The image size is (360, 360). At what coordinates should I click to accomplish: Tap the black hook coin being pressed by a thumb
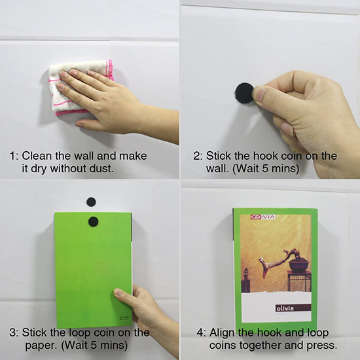click(245, 94)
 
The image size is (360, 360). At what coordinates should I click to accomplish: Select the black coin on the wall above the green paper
click(91, 202)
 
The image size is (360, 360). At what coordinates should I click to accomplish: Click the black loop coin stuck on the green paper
click(93, 221)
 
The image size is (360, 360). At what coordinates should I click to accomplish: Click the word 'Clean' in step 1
click(37, 156)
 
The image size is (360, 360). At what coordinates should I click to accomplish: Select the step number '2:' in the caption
click(198, 156)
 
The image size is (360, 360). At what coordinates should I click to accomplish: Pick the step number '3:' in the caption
click(14, 333)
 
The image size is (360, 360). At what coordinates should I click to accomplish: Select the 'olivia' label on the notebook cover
click(285, 308)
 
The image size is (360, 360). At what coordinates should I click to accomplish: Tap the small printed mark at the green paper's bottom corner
click(124, 319)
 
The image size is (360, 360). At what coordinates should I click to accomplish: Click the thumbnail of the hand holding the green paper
click(118, 292)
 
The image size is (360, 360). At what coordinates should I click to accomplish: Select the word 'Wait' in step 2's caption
click(247, 168)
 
